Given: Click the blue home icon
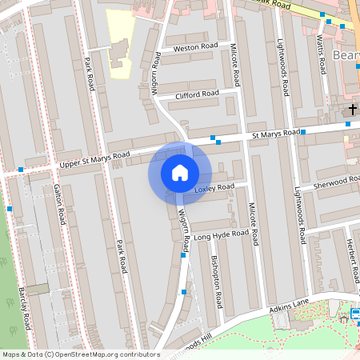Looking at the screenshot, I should click(x=180, y=173).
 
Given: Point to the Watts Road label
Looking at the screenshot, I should click(x=322, y=52).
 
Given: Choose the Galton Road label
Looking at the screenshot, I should click(x=58, y=206).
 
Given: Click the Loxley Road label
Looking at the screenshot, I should click(x=214, y=188).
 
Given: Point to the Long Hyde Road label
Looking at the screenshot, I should click(x=221, y=234).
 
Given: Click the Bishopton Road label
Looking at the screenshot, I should click(x=214, y=280).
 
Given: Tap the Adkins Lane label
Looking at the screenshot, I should click(x=289, y=305).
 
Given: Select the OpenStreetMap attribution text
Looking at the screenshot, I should click(x=81, y=354).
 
